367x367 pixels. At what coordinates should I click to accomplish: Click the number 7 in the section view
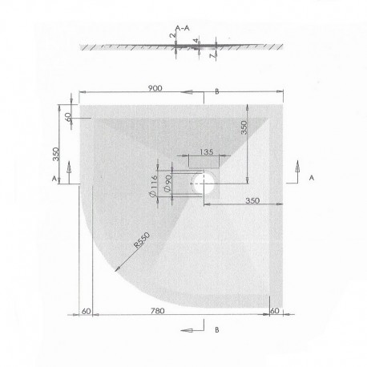coord(212,56)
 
